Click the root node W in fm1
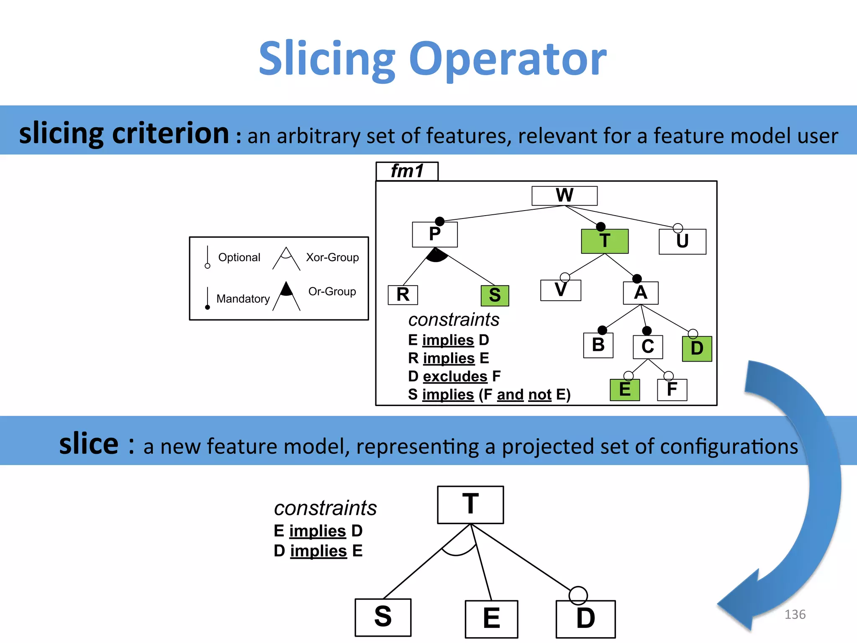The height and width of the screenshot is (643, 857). tap(564, 195)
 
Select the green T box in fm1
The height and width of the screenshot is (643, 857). tap(605, 242)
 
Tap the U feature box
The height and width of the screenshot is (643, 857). tap(682, 242)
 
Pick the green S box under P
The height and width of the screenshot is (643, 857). tap(495, 296)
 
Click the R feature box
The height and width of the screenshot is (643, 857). tap(403, 295)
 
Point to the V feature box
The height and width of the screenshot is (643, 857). tap(560, 290)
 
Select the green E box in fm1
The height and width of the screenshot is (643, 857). tap(624, 390)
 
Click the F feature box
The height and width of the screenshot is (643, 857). tap(672, 390)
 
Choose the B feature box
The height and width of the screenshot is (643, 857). tap(598, 345)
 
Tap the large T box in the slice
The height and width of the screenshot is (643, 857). tap(470, 504)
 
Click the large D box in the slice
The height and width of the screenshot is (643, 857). tap(585, 619)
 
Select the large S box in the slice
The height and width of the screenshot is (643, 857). tap(383, 617)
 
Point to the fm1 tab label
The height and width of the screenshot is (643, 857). tap(407, 171)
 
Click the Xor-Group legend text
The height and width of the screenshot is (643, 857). tap(332, 257)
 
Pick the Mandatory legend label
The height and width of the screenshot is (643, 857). tap(243, 298)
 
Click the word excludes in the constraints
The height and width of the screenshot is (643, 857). tap(455, 376)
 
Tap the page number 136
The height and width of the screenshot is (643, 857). tap(795, 614)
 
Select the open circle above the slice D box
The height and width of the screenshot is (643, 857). tap(578, 595)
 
